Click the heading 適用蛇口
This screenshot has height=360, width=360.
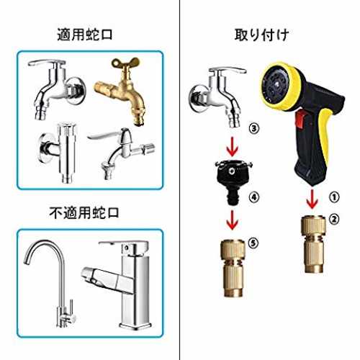click(85, 35)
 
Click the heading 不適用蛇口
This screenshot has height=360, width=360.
click(84, 212)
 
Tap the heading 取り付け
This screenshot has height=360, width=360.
click(261, 35)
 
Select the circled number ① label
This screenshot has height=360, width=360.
click(334, 197)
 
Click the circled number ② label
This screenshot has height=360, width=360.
click(334, 219)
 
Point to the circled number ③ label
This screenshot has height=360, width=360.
click(254, 129)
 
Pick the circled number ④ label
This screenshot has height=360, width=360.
click(254, 197)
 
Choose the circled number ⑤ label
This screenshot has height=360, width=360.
click(253, 243)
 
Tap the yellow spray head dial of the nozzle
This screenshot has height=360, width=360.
click(282, 86)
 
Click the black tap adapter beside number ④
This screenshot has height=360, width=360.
click(233, 181)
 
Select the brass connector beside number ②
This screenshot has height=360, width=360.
click(313, 244)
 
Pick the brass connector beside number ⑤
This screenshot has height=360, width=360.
click(233, 268)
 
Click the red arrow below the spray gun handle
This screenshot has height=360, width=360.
click(312, 199)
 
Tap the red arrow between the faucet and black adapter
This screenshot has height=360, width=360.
click(233, 147)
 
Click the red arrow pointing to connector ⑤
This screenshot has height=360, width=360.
click(233, 220)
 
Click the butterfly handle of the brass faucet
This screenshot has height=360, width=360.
click(125, 63)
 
